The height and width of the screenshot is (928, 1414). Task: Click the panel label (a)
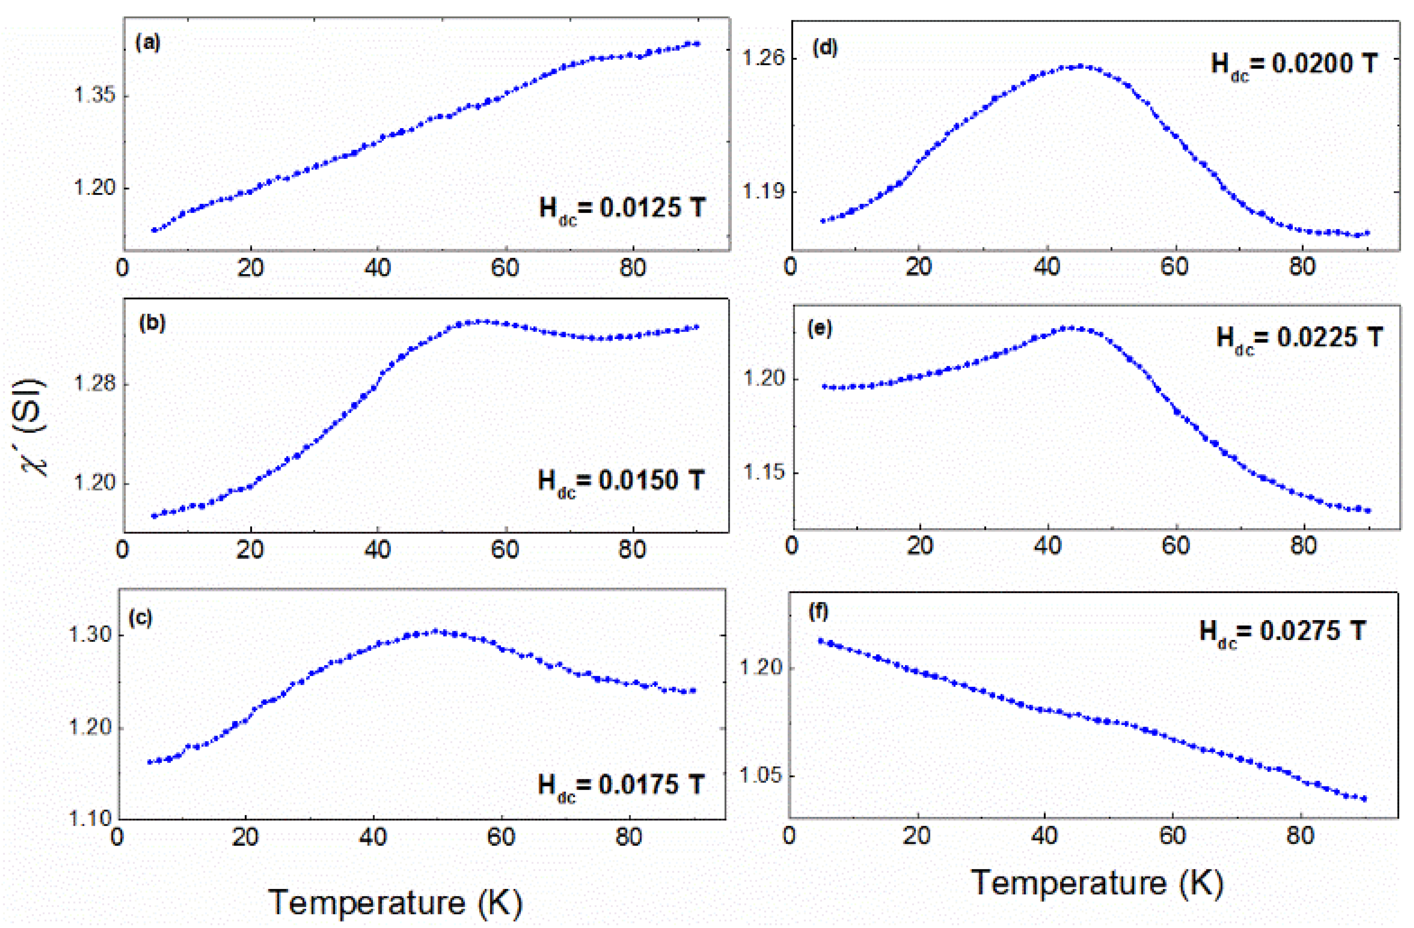coord(148,43)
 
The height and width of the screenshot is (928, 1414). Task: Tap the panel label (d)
coord(825,47)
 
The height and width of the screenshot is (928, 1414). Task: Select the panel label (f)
coord(819,612)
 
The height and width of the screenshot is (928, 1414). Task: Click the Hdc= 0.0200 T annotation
coord(1294,64)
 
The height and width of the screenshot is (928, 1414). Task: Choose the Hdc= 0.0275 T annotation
coord(1282,632)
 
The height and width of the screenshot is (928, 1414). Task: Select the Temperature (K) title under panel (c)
coord(395,902)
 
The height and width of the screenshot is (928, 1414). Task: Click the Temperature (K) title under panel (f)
coord(1097,882)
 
